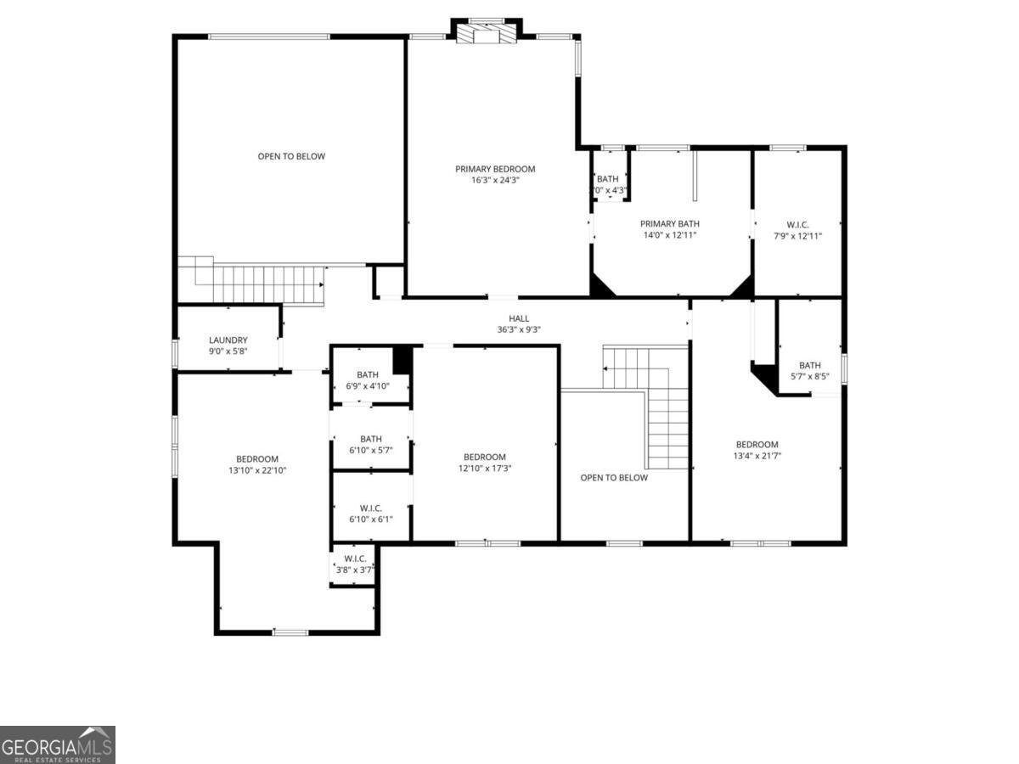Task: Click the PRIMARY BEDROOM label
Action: pyautogui.click(x=495, y=169)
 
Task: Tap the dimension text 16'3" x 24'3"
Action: pyautogui.click(x=495, y=180)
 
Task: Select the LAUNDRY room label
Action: pyautogui.click(x=228, y=340)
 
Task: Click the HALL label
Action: pyautogui.click(x=519, y=318)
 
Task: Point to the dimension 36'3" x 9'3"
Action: pyautogui.click(x=519, y=329)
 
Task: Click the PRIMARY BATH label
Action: pyautogui.click(x=669, y=224)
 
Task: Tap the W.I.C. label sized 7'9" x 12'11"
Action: pyautogui.click(x=797, y=224)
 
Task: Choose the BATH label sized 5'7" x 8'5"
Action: pyautogui.click(x=809, y=366)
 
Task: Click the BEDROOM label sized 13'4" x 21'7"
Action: pyautogui.click(x=757, y=445)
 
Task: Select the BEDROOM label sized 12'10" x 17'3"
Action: pyautogui.click(x=485, y=457)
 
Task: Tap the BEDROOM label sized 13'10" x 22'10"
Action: pyautogui.click(x=257, y=459)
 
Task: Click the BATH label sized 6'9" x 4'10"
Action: pyautogui.click(x=368, y=374)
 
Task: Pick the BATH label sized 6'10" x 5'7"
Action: pyautogui.click(x=370, y=439)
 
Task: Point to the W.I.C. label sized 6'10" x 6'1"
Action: pyautogui.click(x=370, y=508)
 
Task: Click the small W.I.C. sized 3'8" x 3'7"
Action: pyautogui.click(x=355, y=559)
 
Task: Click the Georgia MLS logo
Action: pyautogui.click(x=57, y=744)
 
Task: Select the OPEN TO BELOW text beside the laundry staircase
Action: pyautogui.click(x=291, y=156)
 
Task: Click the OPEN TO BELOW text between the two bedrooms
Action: pyautogui.click(x=614, y=477)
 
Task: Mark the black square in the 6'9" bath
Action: pyautogui.click(x=403, y=360)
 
